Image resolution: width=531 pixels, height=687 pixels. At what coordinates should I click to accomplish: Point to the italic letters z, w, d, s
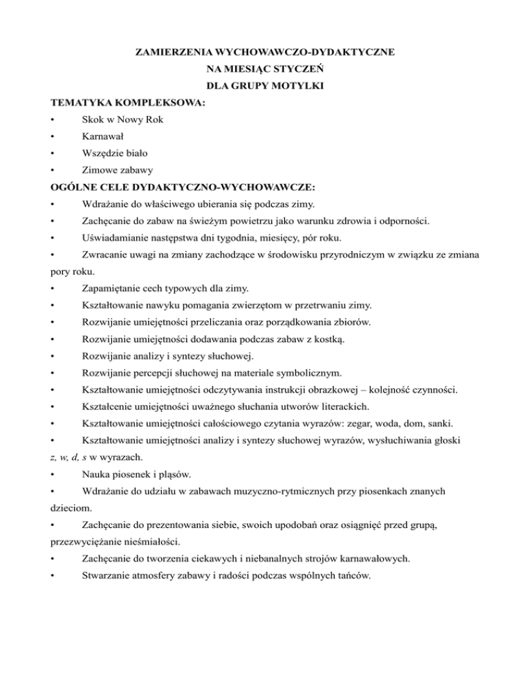click(x=76, y=457)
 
